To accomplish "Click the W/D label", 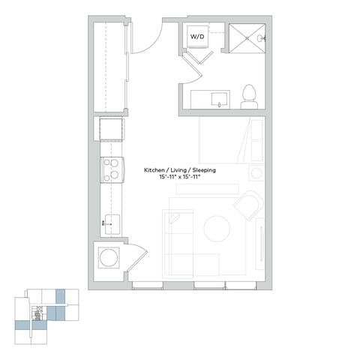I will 197,35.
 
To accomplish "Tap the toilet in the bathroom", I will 249,96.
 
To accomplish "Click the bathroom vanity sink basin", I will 219,98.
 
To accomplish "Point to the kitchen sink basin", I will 112,222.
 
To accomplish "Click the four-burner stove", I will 112,169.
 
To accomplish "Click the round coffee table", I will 217,227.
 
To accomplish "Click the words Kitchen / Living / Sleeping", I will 180,171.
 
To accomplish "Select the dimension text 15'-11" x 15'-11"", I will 180,178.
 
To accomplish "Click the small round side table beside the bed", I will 256,172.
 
